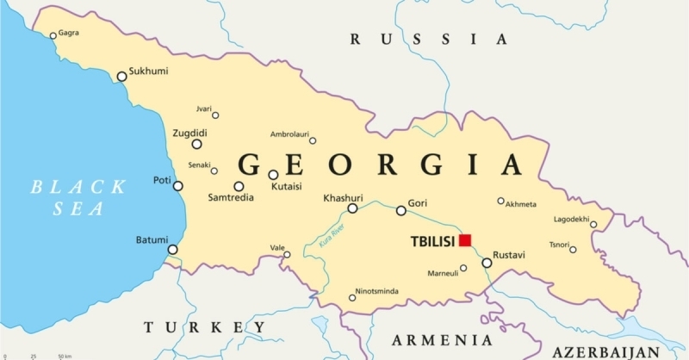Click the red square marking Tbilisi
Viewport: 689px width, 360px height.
pos(465,239)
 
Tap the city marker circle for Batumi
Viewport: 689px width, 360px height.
pos(172,250)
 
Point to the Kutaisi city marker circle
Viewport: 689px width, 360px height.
pos(273,175)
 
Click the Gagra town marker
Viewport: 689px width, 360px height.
pos(53,35)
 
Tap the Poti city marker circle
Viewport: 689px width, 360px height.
pos(178,186)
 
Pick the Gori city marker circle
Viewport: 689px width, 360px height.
pos(400,211)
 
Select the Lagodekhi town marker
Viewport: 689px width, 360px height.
pos(593,226)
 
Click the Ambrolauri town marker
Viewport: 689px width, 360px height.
pos(313,140)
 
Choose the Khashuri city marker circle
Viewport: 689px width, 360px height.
pos(352,208)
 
